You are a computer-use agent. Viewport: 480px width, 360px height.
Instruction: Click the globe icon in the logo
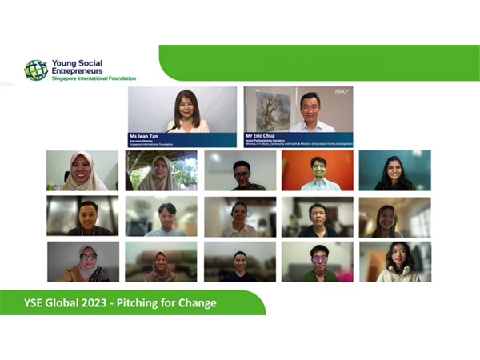coord(35,70)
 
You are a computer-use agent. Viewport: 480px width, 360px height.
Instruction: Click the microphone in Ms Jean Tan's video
coord(170,128)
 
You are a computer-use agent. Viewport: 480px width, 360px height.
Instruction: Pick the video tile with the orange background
coord(317,170)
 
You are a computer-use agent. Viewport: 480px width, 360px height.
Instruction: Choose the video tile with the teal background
coord(394,170)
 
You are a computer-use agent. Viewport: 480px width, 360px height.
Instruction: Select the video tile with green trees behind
coord(161,170)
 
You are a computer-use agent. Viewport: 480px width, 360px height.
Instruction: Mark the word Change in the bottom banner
coord(200,303)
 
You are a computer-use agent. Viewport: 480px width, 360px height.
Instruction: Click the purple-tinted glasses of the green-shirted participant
coord(318,259)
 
